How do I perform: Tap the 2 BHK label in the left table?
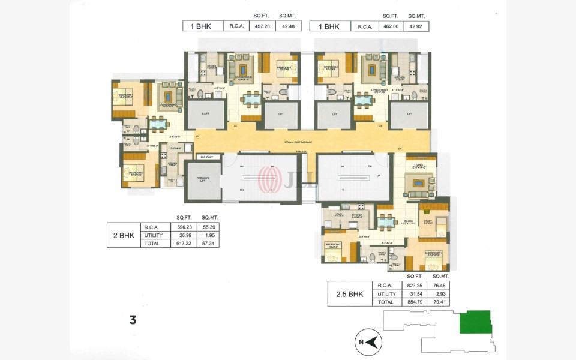pos(123,235)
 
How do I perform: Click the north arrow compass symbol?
pos(373,343)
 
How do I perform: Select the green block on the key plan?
pos(475,322)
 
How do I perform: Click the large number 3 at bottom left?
pos(133,320)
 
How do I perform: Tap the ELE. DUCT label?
pos(207,157)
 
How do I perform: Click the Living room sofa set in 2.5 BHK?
pos(418,183)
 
